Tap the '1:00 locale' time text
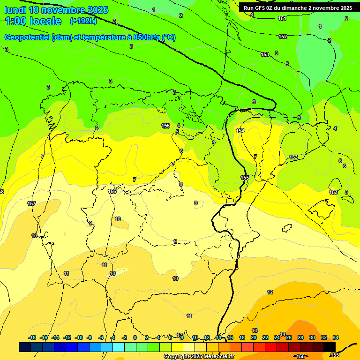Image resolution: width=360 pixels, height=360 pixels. click(x=33, y=21)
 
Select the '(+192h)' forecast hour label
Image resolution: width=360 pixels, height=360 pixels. click(x=83, y=21)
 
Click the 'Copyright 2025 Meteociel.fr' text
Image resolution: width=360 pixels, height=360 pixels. click(x=199, y=357)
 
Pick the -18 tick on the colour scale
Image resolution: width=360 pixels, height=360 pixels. click(x=32, y=337)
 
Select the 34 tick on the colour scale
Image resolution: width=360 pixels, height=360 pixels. click(x=336, y=337)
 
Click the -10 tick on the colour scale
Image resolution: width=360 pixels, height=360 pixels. click(x=78, y=337)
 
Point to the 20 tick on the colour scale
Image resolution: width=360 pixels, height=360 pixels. click(x=254, y=337)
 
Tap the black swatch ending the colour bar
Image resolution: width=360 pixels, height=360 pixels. click(x=330, y=347)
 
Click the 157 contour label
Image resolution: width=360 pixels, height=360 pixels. click(x=31, y=203)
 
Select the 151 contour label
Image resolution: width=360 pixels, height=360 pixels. click(x=282, y=18)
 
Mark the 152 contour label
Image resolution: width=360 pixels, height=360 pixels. click(x=283, y=37)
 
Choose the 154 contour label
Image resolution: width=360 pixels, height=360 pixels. click(x=240, y=131)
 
